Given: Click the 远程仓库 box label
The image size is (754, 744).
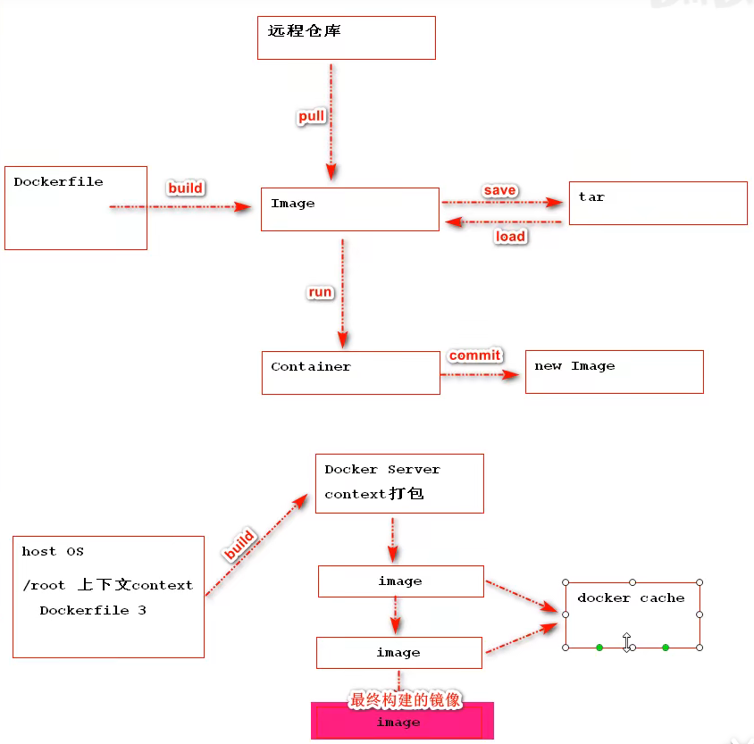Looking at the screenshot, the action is tap(304, 30).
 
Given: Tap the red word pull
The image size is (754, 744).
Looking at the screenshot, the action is tap(311, 116).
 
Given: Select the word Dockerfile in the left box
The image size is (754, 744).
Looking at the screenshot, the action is tap(58, 181).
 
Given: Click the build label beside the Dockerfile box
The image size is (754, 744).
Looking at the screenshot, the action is tap(186, 188).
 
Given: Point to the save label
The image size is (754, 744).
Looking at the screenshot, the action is tap(499, 190).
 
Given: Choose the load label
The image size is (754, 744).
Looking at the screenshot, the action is tap(510, 237).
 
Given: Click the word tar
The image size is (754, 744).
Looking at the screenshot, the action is tap(591, 197).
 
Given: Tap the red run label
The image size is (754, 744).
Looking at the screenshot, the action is tap(320, 292).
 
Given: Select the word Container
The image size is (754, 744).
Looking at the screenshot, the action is tap(311, 367).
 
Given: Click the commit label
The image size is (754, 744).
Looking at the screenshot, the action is tap(474, 355).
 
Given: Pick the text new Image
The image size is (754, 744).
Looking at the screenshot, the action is tap(574, 366).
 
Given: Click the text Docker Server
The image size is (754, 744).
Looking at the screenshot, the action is tap(382, 470).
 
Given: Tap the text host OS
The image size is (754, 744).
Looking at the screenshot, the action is tap(53, 551).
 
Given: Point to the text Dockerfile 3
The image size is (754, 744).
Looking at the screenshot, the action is tap(93, 610).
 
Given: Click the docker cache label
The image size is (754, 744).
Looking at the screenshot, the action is tap(631, 598).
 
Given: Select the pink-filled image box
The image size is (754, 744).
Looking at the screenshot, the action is tap(402, 721).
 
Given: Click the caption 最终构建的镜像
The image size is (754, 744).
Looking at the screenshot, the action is tap(405, 699).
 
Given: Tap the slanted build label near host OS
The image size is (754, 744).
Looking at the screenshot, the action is tap(239, 545).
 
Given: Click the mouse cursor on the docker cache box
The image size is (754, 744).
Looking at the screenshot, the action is tap(626, 642).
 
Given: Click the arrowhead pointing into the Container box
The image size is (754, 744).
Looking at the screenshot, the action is tap(343, 340).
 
